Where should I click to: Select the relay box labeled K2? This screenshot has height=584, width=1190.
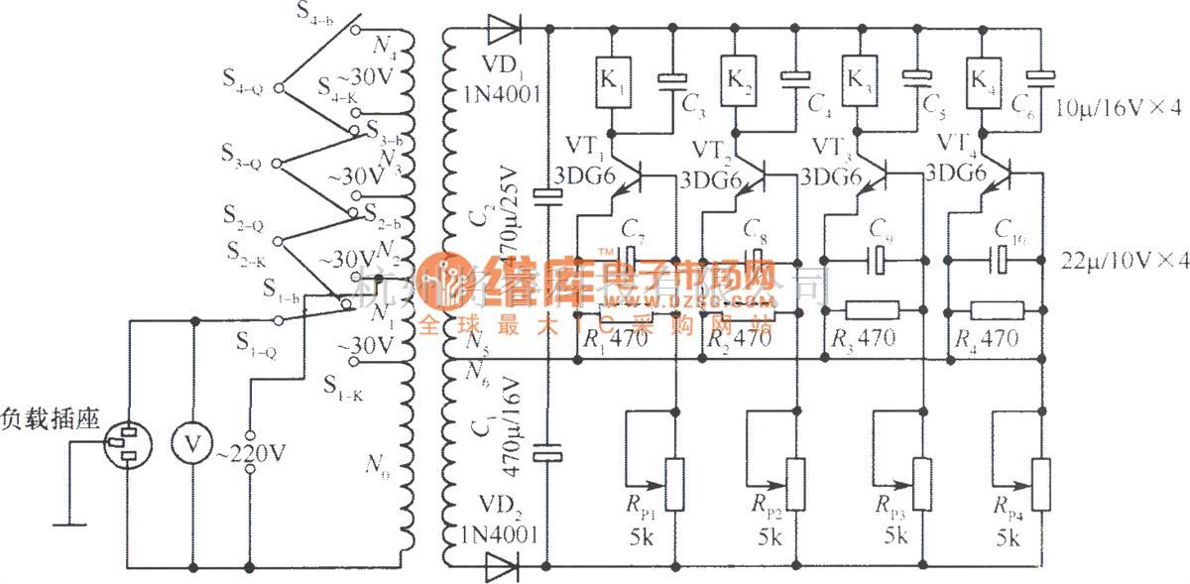point(736,76)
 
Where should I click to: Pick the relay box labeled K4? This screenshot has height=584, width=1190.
point(981,76)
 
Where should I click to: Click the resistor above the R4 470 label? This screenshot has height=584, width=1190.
point(997,308)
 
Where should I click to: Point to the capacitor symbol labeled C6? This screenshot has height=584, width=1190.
point(1039,73)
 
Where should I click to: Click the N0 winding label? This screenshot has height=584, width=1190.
point(376,463)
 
